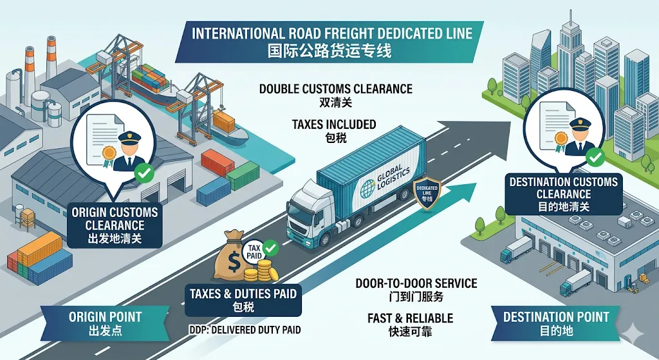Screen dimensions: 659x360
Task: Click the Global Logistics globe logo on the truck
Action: (x=368, y=189)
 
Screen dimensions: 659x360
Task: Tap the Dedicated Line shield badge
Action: (x=427, y=193)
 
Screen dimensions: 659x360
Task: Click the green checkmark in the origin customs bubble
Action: (x=144, y=173)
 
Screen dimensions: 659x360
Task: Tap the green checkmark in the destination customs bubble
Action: (x=595, y=158)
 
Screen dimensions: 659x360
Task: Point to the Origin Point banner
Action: (x=105, y=323)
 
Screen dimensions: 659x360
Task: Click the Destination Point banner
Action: (x=556, y=323)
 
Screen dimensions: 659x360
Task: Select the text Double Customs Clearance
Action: (x=335, y=89)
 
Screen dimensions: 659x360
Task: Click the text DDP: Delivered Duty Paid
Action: (x=245, y=330)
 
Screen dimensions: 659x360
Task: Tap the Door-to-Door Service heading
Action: (x=416, y=283)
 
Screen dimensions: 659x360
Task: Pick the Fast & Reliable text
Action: (x=410, y=318)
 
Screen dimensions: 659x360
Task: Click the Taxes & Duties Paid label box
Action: (x=243, y=300)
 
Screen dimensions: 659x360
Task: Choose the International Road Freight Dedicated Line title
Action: (x=332, y=33)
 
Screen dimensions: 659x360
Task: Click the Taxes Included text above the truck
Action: (x=334, y=124)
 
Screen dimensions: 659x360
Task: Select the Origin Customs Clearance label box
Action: (x=115, y=225)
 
